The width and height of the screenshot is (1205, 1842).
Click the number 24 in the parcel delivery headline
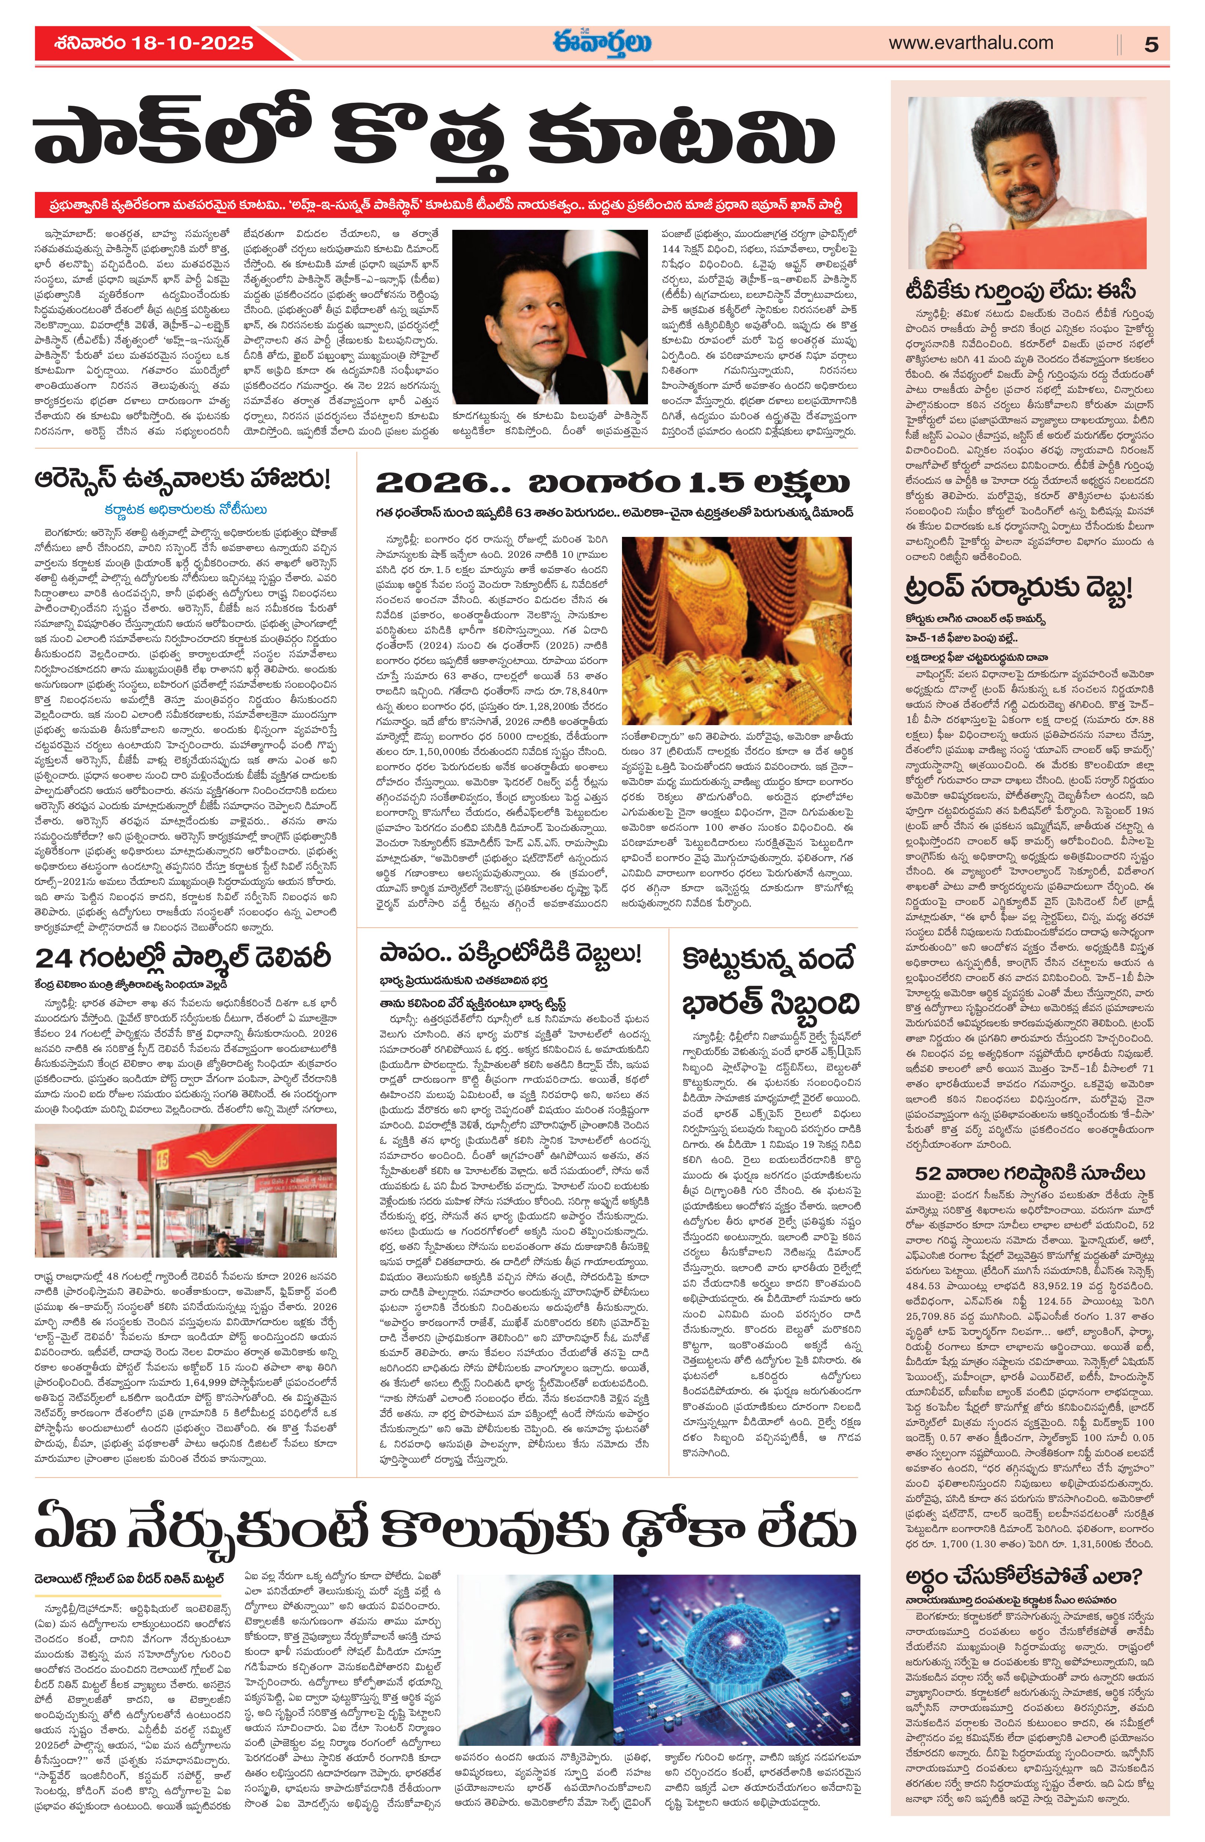point(54,958)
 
